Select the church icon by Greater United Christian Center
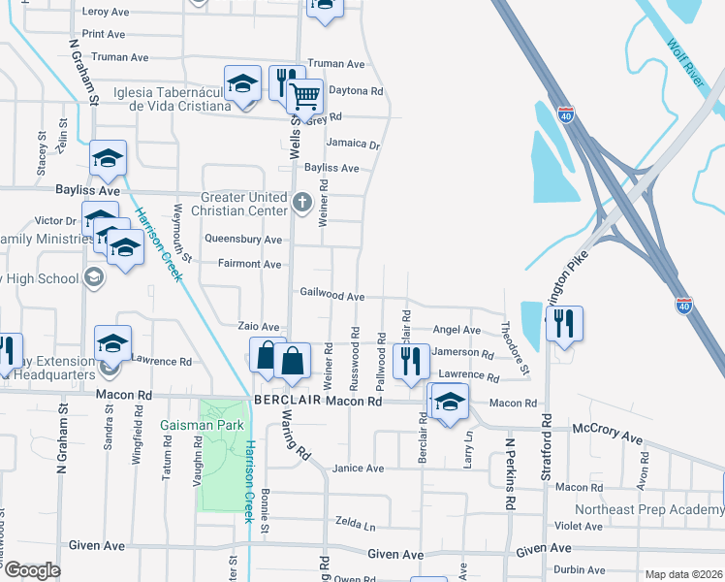[x=302, y=204]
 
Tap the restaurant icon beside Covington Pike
[x=564, y=324]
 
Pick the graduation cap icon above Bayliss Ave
[x=109, y=158]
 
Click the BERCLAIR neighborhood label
[x=286, y=401]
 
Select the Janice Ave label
[x=358, y=469]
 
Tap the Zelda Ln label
[x=355, y=525]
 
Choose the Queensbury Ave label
[x=243, y=240]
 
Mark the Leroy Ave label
[x=107, y=12]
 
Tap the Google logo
[x=32, y=570]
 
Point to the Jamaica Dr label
[x=353, y=144]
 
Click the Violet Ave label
[x=579, y=527]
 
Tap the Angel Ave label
[x=457, y=331]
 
